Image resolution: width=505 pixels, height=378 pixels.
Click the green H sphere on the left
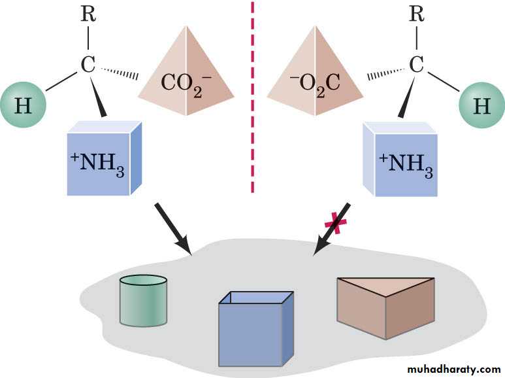23,105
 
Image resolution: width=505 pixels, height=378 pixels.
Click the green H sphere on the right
481,105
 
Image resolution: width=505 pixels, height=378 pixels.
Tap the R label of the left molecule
88,14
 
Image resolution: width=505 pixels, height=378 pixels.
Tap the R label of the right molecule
416,14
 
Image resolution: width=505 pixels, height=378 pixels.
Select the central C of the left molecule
88,65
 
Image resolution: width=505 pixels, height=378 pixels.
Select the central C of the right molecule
416,65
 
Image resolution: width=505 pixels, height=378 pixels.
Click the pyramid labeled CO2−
186,72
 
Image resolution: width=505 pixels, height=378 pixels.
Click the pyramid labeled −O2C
318,72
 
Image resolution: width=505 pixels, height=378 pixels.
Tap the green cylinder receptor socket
144,301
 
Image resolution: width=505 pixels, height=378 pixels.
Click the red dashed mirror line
252,98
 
